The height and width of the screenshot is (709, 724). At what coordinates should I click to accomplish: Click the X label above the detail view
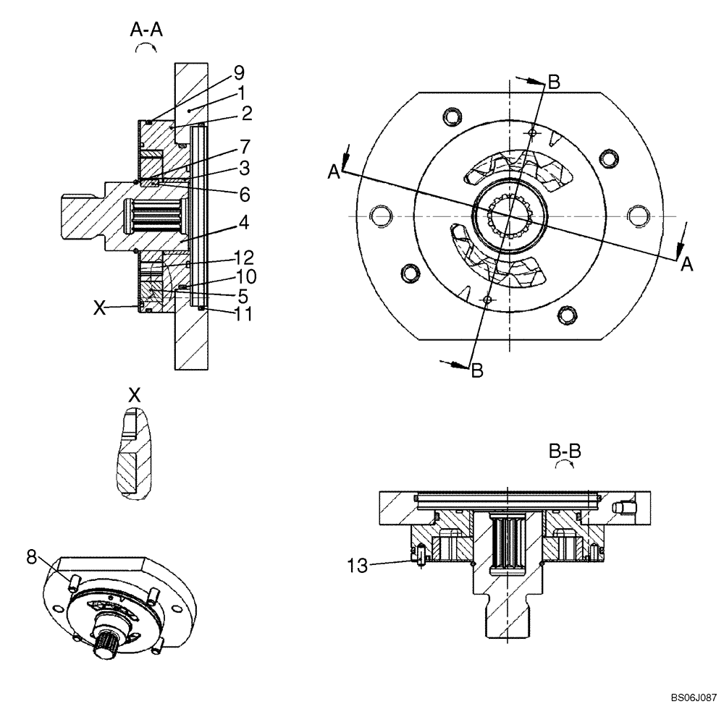[x=133, y=395]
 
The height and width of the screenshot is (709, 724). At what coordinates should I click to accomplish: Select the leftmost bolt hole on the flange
[x=376, y=214]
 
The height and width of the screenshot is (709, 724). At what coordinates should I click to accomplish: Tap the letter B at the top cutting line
[x=553, y=82]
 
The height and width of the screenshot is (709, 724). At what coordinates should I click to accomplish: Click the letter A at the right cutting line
[x=686, y=265]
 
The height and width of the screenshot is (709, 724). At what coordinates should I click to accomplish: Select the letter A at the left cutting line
[x=334, y=171]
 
